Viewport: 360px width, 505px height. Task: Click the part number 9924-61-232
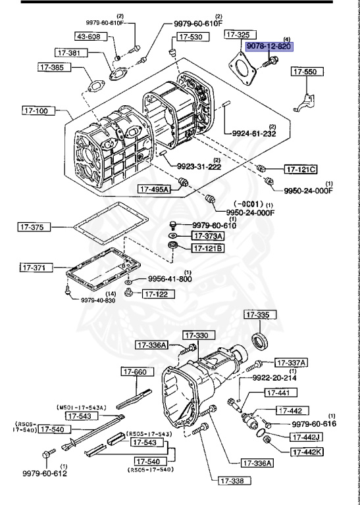[x=253, y=133]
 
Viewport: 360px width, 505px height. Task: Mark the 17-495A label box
[x=154, y=189]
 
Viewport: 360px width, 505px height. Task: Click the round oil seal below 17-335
[x=261, y=341]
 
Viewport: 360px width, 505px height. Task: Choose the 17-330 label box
[x=197, y=335]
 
